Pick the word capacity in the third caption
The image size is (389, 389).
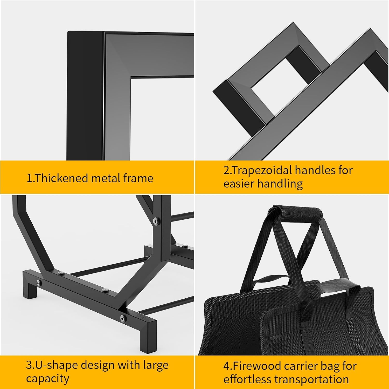click(x=47, y=378)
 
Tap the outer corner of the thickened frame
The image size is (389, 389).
click(x=68, y=32)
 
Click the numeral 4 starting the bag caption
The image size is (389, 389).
click(x=226, y=366)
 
